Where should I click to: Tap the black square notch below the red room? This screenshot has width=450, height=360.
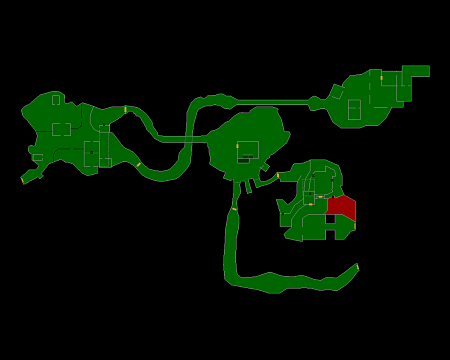pos(330,219)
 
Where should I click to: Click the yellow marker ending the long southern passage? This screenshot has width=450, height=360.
pos(357,266)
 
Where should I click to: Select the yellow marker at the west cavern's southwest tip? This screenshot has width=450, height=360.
pos(22,181)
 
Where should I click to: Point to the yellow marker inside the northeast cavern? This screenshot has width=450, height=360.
pos(381,78)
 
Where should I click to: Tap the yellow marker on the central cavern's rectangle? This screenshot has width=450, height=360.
pos(237,146)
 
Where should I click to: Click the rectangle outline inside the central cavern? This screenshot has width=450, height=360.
pos(248,150)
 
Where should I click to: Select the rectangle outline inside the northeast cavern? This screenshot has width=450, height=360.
pos(354,109)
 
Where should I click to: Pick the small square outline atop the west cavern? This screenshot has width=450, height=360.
pos(56,100)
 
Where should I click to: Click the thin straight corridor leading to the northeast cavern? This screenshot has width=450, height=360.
pos(270,102)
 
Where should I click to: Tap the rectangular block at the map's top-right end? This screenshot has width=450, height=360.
pos(415,71)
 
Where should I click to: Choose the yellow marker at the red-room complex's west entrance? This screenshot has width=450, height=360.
pos(278,176)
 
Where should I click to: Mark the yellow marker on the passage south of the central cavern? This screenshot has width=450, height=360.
pos(234,208)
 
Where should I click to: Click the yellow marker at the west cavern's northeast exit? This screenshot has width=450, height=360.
pos(125,109)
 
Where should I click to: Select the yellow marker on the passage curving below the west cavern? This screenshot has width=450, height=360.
pos(138,164)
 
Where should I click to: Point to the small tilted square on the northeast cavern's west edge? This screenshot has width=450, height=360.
pos(337,92)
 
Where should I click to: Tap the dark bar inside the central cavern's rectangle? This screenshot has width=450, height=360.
pos(245,157)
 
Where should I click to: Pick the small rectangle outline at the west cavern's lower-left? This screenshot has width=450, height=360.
pos(38,157)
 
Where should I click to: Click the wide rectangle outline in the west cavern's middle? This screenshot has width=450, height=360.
pos(61,129)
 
